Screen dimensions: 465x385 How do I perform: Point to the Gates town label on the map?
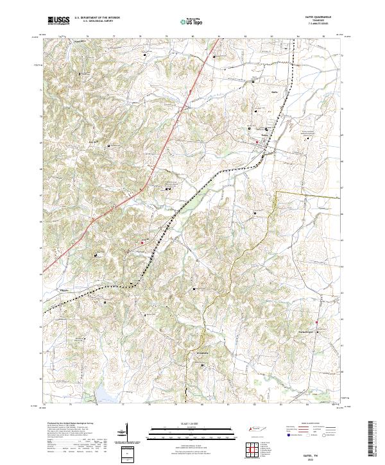click(264, 135)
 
